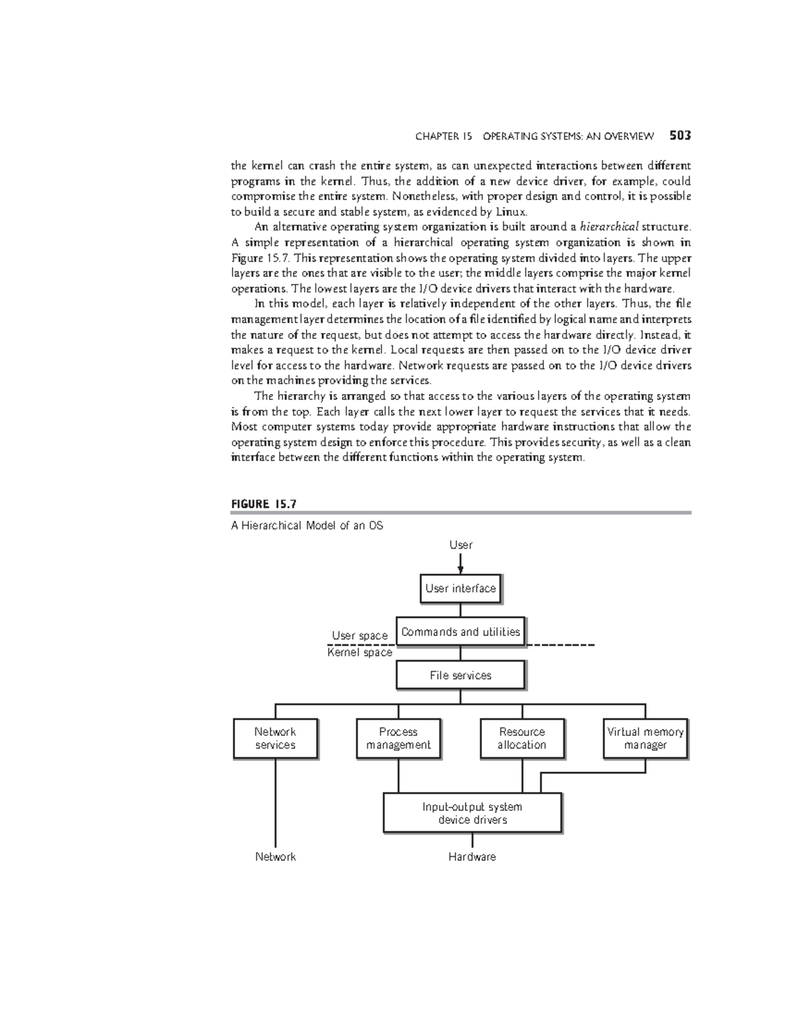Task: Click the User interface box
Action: [x=460, y=589]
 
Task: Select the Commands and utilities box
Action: [x=460, y=632]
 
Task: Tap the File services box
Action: [x=460, y=675]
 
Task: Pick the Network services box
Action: [x=275, y=739]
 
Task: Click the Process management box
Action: [x=398, y=739]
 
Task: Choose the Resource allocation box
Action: [x=522, y=739]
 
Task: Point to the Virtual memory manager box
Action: [x=645, y=739]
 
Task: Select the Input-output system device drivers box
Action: [x=472, y=813]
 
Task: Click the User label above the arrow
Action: [x=460, y=545]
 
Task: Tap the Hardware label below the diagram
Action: [x=472, y=857]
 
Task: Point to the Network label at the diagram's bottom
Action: [x=275, y=857]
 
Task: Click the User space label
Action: [x=360, y=635]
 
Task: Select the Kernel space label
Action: [x=360, y=652]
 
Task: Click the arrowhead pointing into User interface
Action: [x=460, y=570]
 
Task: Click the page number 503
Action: [x=681, y=136]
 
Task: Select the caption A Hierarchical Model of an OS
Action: [x=307, y=526]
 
